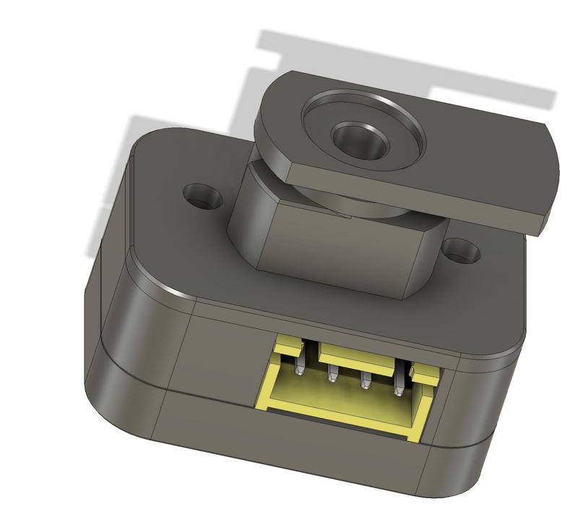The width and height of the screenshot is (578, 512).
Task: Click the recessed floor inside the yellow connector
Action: pos(347,398)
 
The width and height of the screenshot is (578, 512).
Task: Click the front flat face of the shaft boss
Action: pos(340,253)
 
